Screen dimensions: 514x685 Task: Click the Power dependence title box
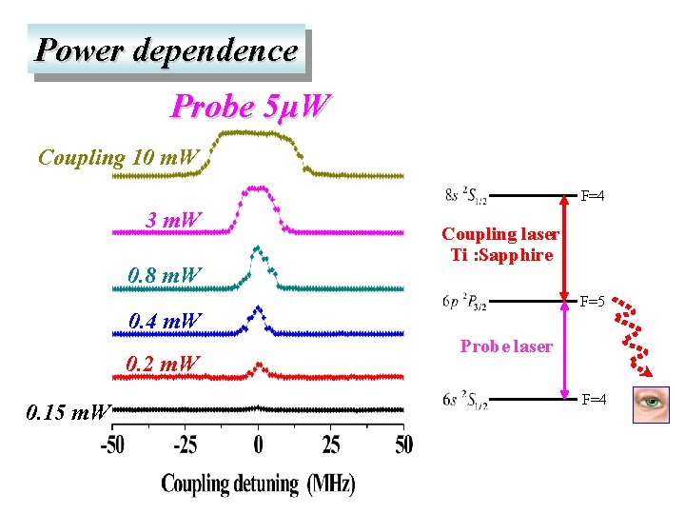point(166,49)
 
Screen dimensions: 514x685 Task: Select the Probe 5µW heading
point(250,107)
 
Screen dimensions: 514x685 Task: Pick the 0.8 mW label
point(165,276)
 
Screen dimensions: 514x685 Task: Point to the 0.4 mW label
point(165,321)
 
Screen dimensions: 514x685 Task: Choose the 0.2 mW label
point(164,364)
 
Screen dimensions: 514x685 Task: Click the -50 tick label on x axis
point(112,445)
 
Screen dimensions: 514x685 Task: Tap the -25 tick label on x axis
point(186,445)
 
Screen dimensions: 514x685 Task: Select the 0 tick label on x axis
point(258,445)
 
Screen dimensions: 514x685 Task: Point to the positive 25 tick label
point(331,445)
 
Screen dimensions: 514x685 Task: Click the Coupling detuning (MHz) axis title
point(258,484)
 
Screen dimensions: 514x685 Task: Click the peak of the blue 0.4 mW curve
point(258,308)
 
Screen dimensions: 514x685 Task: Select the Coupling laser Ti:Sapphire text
point(500,245)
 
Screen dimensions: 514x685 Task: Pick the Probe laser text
point(505,346)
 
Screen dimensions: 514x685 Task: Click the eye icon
point(651,404)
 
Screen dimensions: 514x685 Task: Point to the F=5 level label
point(594,302)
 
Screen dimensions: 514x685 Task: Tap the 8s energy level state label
point(466,196)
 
